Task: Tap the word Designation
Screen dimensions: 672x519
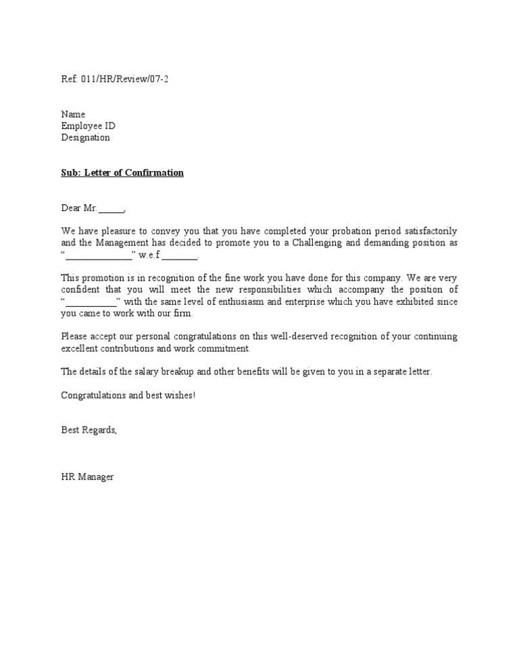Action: pyautogui.click(x=85, y=138)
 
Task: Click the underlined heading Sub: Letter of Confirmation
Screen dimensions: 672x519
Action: pyautogui.click(x=122, y=173)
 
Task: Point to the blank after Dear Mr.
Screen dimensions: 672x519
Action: pyautogui.click(x=112, y=208)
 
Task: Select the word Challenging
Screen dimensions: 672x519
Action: pyautogui.click(x=317, y=243)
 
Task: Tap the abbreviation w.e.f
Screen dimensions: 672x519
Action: pyautogui.click(x=149, y=256)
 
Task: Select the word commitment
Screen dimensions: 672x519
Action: pyautogui.click(x=224, y=348)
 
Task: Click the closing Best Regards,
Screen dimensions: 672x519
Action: pyautogui.click(x=89, y=430)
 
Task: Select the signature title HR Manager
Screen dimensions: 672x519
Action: pyautogui.click(x=87, y=477)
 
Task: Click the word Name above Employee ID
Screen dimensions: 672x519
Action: pyautogui.click(x=73, y=114)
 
